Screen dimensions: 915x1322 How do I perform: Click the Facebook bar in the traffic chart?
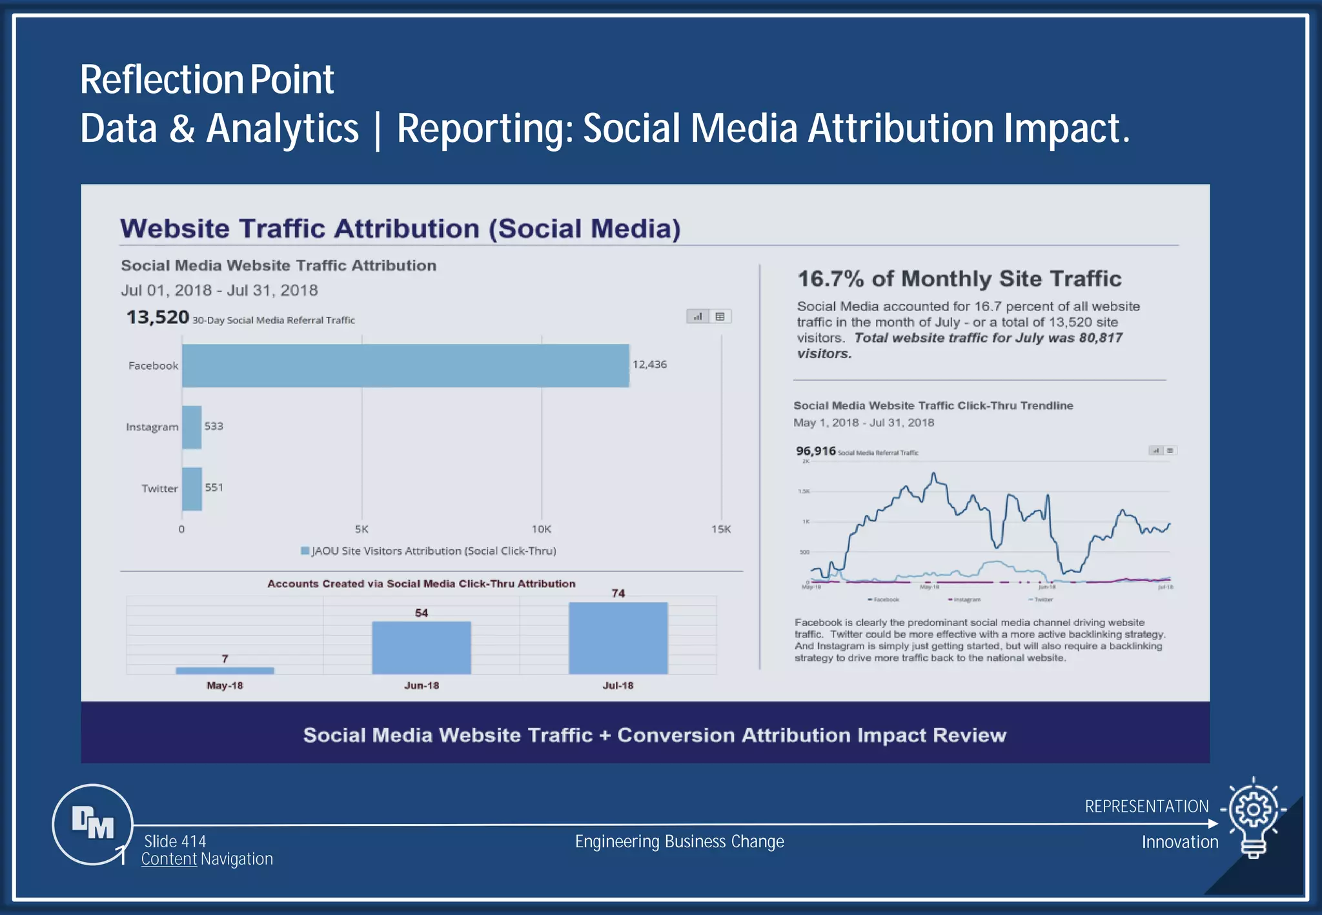pos(405,365)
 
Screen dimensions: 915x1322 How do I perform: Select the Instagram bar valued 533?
pos(192,427)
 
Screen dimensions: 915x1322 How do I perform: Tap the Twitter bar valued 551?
pos(192,488)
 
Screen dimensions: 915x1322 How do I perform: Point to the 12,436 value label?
pos(649,365)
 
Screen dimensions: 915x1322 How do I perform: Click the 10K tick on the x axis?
pos(541,529)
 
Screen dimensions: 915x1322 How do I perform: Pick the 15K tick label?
pos(720,529)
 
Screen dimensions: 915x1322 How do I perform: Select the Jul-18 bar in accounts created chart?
pos(618,638)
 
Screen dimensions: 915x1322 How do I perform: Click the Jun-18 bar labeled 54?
pos(421,647)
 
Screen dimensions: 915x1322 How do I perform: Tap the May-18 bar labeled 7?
pos(225,670)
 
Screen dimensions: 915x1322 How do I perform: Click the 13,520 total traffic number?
pos(158,317)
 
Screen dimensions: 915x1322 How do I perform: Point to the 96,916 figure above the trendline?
pos(815,451)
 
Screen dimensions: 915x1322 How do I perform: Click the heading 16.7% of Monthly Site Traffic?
pos(959,279)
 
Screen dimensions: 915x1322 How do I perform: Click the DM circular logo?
pos(92,823)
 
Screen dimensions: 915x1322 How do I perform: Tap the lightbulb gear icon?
pos(1253,817)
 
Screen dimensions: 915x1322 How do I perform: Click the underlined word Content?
pos(168,859)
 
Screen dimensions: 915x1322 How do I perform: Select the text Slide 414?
pos(175,841)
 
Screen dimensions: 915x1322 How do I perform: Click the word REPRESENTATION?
pos(1146,807)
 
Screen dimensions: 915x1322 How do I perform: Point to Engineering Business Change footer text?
pos(679,841)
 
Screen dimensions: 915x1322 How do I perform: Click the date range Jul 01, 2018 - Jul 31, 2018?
pos(219,290)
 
